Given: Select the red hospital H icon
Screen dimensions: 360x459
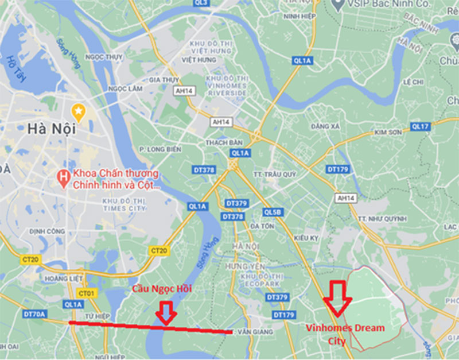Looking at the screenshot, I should pos(64,176).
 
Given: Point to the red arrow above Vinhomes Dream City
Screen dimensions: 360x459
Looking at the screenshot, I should pos(337,297).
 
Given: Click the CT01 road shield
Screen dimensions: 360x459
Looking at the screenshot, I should pos(86,293).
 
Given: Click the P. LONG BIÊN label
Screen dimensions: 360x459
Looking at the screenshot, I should pos(160,149).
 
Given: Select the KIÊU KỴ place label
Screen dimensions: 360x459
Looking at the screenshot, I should pos(306,237).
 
